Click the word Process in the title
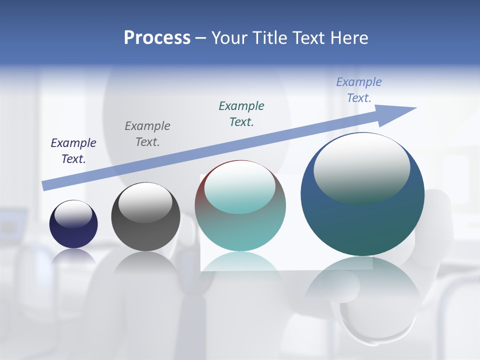(157, 38)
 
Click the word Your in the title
(229, 38)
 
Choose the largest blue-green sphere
(362, 225)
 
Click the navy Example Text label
(73, 151)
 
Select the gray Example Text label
(147, 134)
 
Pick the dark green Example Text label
(241, 113)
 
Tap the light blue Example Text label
(359, 90)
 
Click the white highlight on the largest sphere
(361, 167)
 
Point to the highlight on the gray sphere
(145, 202)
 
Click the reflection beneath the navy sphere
(73, 257)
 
